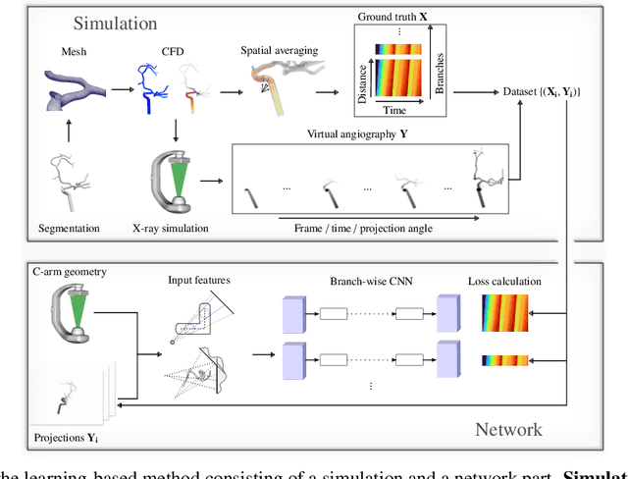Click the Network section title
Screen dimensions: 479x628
[509, 430]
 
